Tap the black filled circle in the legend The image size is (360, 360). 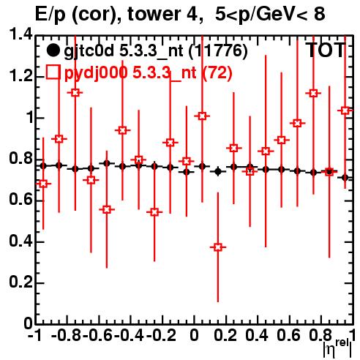click(x=53, y=50)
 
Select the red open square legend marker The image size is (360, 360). click(x=53, y=72)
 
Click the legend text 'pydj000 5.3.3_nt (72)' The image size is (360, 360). click(x=148, y=72)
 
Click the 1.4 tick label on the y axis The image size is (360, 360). click(x=20, y=34)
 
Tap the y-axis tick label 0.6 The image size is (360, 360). click(x=20, y=199)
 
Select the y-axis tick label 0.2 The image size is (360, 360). click(x=20, y=282)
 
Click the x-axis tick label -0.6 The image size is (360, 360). click(x=98, y=335)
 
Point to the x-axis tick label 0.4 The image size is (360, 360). click(x=257, y=335)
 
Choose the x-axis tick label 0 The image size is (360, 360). click(x=194, y=335)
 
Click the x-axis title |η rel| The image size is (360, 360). click(x=338, y=349)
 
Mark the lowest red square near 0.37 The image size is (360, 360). click(x=218, y=247)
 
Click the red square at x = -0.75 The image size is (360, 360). click(x=75, y=93)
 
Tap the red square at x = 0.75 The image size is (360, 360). click(x=313, y=93)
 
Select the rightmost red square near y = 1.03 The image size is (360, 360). click(x=345, y=110)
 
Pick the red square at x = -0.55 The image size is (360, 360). click(x=107, y=209)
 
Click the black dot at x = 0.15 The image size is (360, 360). click(x=218, y=172)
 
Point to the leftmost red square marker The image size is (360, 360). click(x=43, y=184)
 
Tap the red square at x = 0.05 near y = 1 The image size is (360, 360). click(x=202, y=116)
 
